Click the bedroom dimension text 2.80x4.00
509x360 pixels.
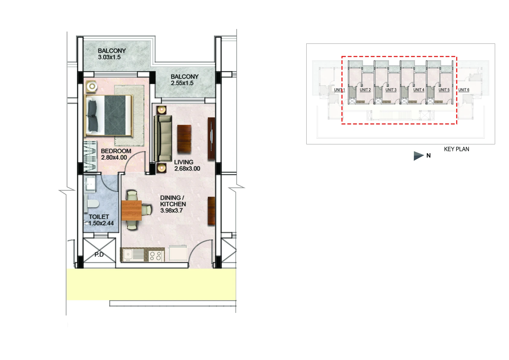pyautogui.click(x=114, y=157)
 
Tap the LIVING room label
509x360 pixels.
pyautogui.click(x=184, y=162)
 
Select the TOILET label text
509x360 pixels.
pyautogui.click(x=99, y=217)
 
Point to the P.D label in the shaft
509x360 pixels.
pyautogui.click(x=99, y=255)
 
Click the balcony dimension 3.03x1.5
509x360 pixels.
pyautogui.click(x=109, y=57)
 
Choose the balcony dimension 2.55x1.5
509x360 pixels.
pyautogui.click(x=182, y=83)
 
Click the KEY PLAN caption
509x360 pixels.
pyautogui.click(x=456, y=149)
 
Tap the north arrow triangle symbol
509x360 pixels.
pyautogui.click(x=418, y=156)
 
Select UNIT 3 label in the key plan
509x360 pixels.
pyautogui.click(x=391, y=90)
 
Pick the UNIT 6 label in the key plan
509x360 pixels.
pyautogui.click(x=464, y=90)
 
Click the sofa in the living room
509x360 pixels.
pyautogui.click(x=163, y=139)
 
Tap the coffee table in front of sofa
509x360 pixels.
pyautogui.click(x=184, y=138)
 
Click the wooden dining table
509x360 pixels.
pyautogui.click(x=132, y=211)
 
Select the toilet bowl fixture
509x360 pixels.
pyautogui.click(x=92, y=204)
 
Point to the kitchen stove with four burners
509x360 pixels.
pyautogui.click(x=156, y=256)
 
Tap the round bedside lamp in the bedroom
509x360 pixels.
pyautogui.click(x=92, y=86)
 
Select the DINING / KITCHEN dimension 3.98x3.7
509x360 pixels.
pyautogui.click(x=171, y=211)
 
